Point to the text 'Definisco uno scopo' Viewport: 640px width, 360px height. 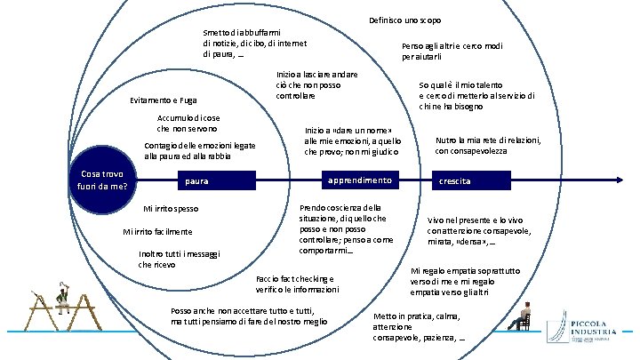(x=404, y=20)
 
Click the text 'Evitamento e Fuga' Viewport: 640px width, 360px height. (x=164, y=100)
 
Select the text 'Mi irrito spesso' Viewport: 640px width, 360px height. (x=171, y=209)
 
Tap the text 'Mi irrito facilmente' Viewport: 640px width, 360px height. (x=156, y=232)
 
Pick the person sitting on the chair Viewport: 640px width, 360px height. (x=524, y=316)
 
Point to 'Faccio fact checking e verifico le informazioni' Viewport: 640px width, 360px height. (x=297, y=284)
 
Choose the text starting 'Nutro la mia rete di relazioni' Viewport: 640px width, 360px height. (x=488, y=145)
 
